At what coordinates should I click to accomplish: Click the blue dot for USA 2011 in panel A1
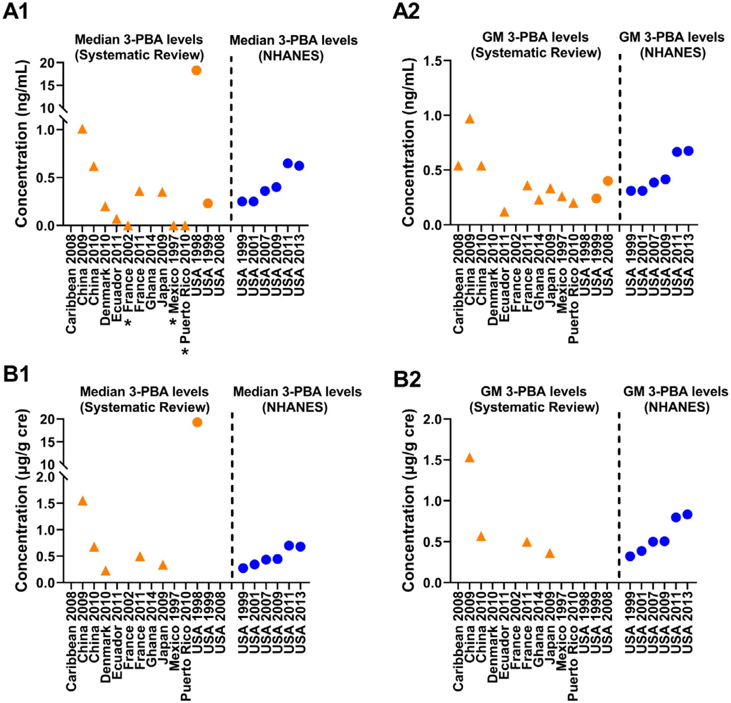coord(287,163)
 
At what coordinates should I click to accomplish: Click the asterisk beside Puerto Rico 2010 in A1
coord(185,351)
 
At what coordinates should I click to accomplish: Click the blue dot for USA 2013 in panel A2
coord(688,151)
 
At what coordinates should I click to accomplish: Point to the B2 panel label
coord(407,380)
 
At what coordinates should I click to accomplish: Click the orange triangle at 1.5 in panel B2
coord(469,458)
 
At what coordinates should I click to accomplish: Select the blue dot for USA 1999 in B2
coord(630,557)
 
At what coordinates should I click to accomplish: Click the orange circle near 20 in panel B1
coord(197,422)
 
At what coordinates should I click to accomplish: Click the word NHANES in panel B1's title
coord(295,408)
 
